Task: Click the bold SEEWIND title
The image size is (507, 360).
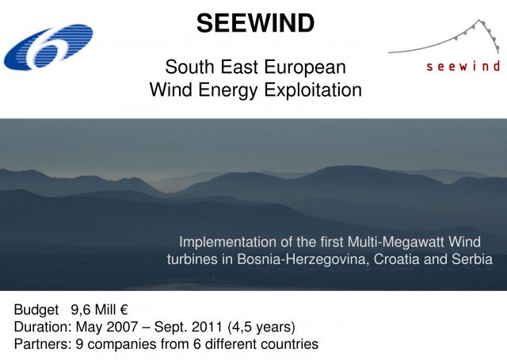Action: pyautogui.click(x=255, y=23)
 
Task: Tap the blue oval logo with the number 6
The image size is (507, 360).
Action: pyautogui.click(x=48, y=47)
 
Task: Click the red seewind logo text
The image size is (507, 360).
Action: pyautogui.click(x=463, y=67)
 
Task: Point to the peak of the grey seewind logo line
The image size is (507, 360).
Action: pyautogui.click(x=479, y=21)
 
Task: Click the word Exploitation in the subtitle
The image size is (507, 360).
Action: pyautogui.click(x=313, y=90)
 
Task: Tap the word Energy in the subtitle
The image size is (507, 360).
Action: pyautogui.click(x=227, y=90)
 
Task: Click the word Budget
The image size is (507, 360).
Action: pyautogui.click(x=36, y=310)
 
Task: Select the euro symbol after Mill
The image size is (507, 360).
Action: pyautogui.click(x=124, y=310)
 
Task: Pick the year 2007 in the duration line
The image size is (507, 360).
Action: pyautogui.click(x=122, y=327)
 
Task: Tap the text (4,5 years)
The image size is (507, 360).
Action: pyautogui.click(x=261, y=327)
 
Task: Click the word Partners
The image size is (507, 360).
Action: pyautogui.click(x=42, y=344)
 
